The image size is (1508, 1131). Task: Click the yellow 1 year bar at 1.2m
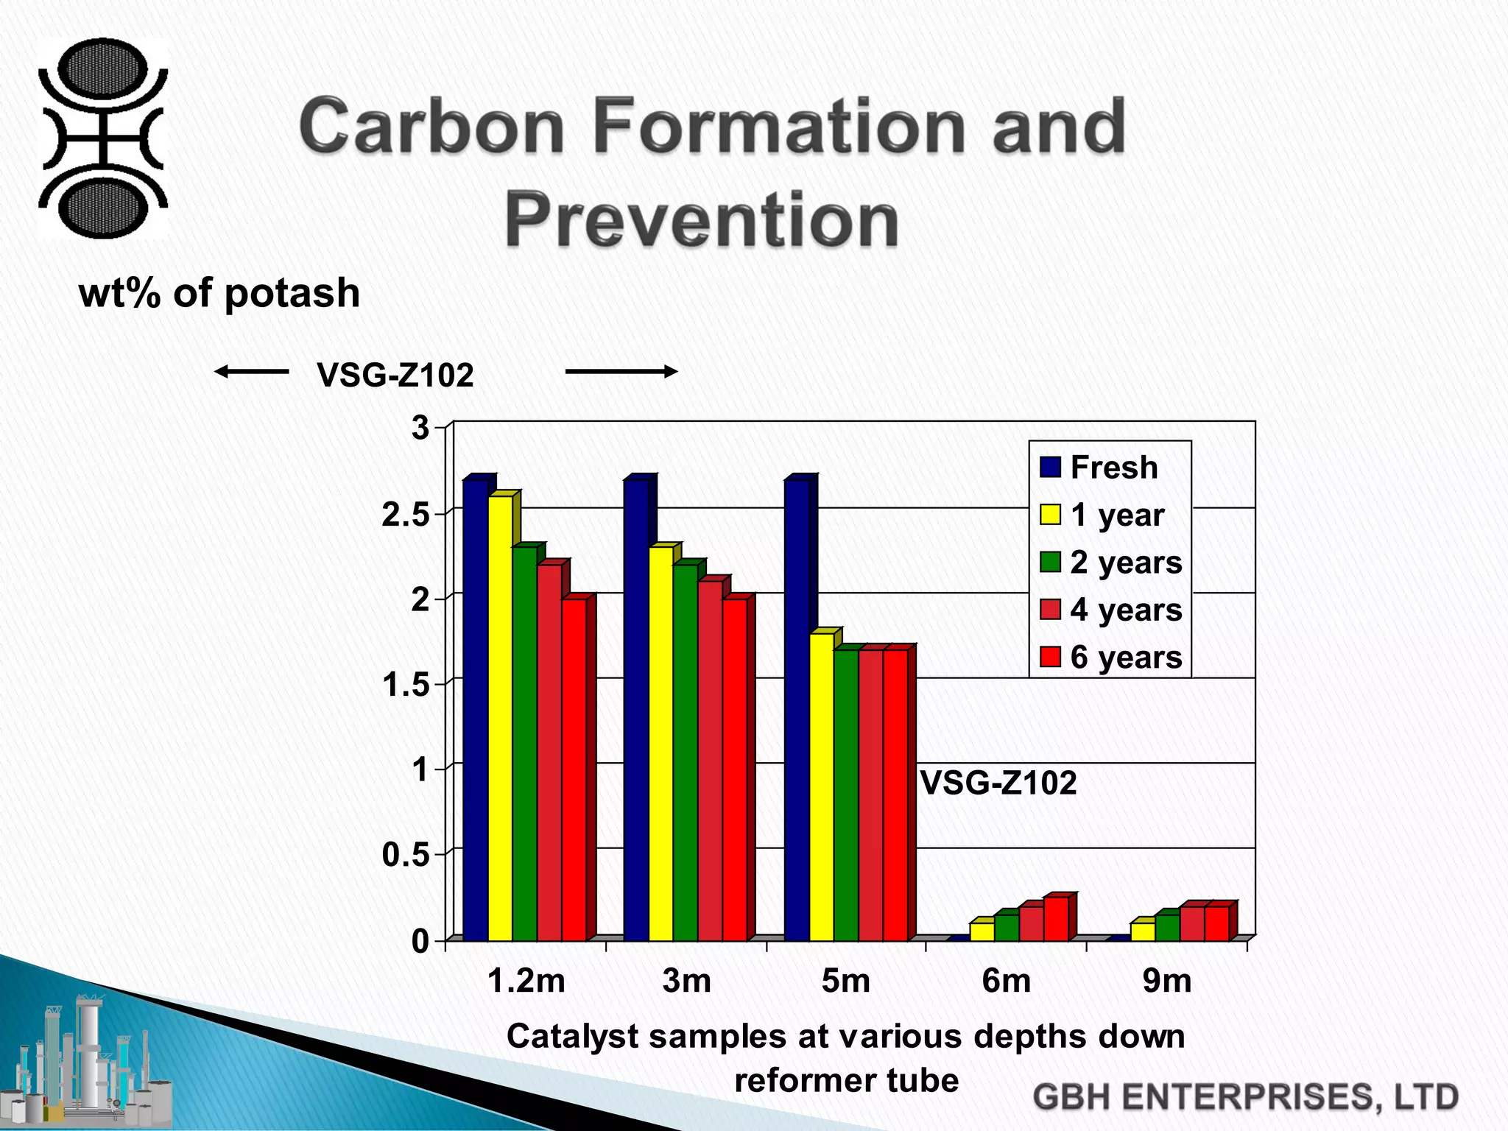click(500, 718)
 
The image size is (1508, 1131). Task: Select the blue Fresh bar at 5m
click(797, 711)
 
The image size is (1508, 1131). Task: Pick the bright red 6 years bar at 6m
click(1056, 919)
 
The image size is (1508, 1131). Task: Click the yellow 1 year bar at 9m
click(1143, 931)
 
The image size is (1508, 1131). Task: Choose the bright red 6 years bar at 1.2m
click(574, 769)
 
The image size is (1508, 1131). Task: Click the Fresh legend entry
click(1100, 468)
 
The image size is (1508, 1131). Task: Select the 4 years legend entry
click(1110, 610)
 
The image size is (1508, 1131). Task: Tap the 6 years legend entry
click(1110, 657)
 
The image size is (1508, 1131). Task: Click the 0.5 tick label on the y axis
click(405, 856)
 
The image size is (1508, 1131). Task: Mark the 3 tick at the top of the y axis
click(420, 428)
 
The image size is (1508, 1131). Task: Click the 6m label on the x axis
click(1006, 981)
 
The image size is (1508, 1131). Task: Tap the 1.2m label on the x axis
click(526, 981)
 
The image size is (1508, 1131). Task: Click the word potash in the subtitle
click(292, 293)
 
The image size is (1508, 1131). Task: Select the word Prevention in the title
click(701, 220)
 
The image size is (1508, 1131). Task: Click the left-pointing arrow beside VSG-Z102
click(251, 372)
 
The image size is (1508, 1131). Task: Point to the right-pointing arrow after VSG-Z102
click(621, 372)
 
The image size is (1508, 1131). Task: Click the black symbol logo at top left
click(103, 138)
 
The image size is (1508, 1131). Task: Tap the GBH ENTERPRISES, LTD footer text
click(1245, 1097)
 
